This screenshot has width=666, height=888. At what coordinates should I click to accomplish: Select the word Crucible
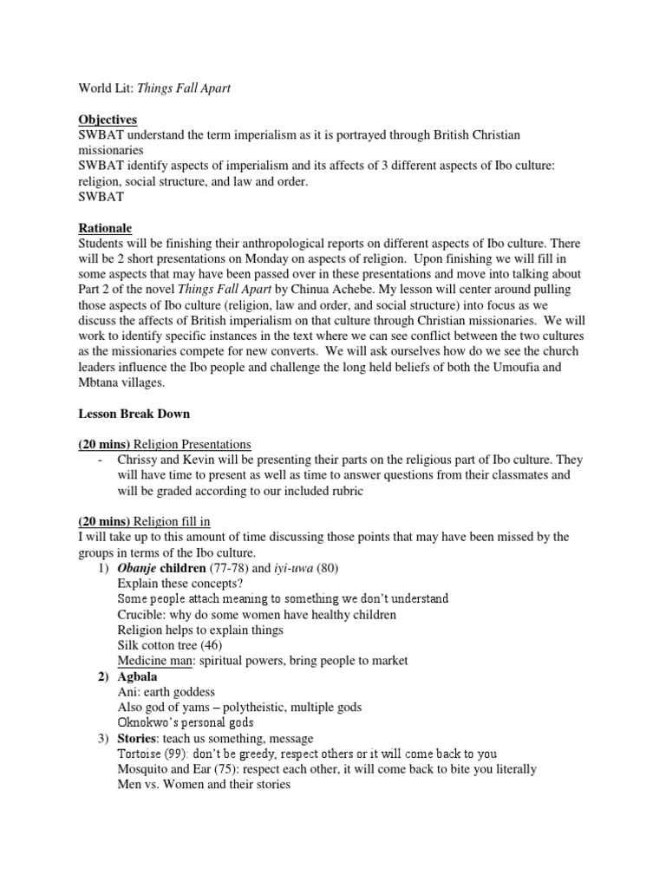pyautogui.click(x=141, y=615)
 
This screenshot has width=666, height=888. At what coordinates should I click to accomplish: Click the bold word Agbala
pyautogui.click(x=139, y=677)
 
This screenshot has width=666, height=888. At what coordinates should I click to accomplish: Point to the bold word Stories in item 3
pyautogui.click(x=137, y=739)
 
